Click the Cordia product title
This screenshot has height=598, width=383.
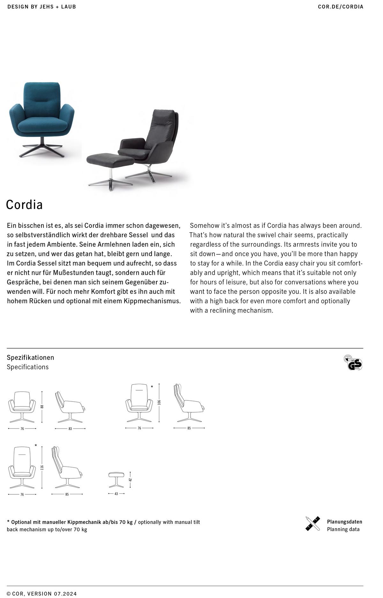pos(24,205)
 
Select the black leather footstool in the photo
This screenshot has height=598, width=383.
pos(110,160)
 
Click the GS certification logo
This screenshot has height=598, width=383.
pos(353,363)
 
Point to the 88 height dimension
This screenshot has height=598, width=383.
pos(42,407)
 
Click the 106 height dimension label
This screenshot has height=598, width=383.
pos(159,402)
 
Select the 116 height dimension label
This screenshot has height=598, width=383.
pos(42,467)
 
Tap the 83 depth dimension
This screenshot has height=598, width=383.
pos(70,429)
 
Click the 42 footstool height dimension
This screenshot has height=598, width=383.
pos(130,480)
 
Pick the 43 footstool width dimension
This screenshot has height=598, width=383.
pos(116,494)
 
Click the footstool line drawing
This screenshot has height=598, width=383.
pos(116,480)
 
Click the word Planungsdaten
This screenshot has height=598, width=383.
pos(344,522)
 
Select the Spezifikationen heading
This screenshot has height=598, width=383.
pos(31,357)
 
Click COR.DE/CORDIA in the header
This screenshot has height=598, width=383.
pos(341,7)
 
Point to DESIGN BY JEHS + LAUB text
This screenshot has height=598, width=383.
pos(42,7)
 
